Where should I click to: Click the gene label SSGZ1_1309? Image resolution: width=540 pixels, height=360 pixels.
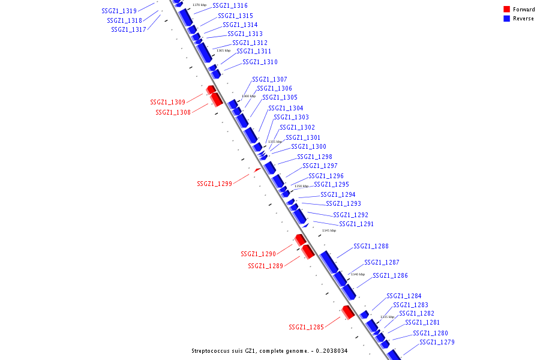167,102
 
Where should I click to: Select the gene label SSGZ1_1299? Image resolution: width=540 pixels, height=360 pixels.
214,184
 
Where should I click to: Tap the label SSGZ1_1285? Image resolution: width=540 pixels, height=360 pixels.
306,327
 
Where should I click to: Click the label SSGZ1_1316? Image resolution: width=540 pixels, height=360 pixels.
230,5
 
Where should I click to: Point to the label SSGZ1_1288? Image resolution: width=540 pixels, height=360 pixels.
371,246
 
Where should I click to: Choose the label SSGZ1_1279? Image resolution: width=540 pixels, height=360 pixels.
437,342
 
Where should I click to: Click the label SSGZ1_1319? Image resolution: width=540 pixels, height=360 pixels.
119,11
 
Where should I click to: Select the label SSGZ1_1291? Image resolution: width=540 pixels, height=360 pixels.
356,224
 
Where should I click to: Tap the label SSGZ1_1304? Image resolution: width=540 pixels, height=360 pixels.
286,108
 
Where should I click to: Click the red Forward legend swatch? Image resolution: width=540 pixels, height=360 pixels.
507,9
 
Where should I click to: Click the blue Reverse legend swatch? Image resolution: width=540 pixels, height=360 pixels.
507,19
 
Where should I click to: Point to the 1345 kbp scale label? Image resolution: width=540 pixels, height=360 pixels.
329,230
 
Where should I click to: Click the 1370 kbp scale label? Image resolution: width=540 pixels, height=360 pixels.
200,5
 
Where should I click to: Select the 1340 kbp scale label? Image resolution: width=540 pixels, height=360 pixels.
358,274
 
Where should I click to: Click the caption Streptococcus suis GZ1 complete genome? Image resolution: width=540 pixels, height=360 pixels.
269,350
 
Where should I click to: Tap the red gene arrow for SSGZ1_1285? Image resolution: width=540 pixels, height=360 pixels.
347,312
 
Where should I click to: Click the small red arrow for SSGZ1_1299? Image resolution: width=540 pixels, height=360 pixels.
257,170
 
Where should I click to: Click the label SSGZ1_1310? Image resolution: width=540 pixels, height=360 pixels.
260,62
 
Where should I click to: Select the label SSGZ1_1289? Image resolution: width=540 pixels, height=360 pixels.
265,266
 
